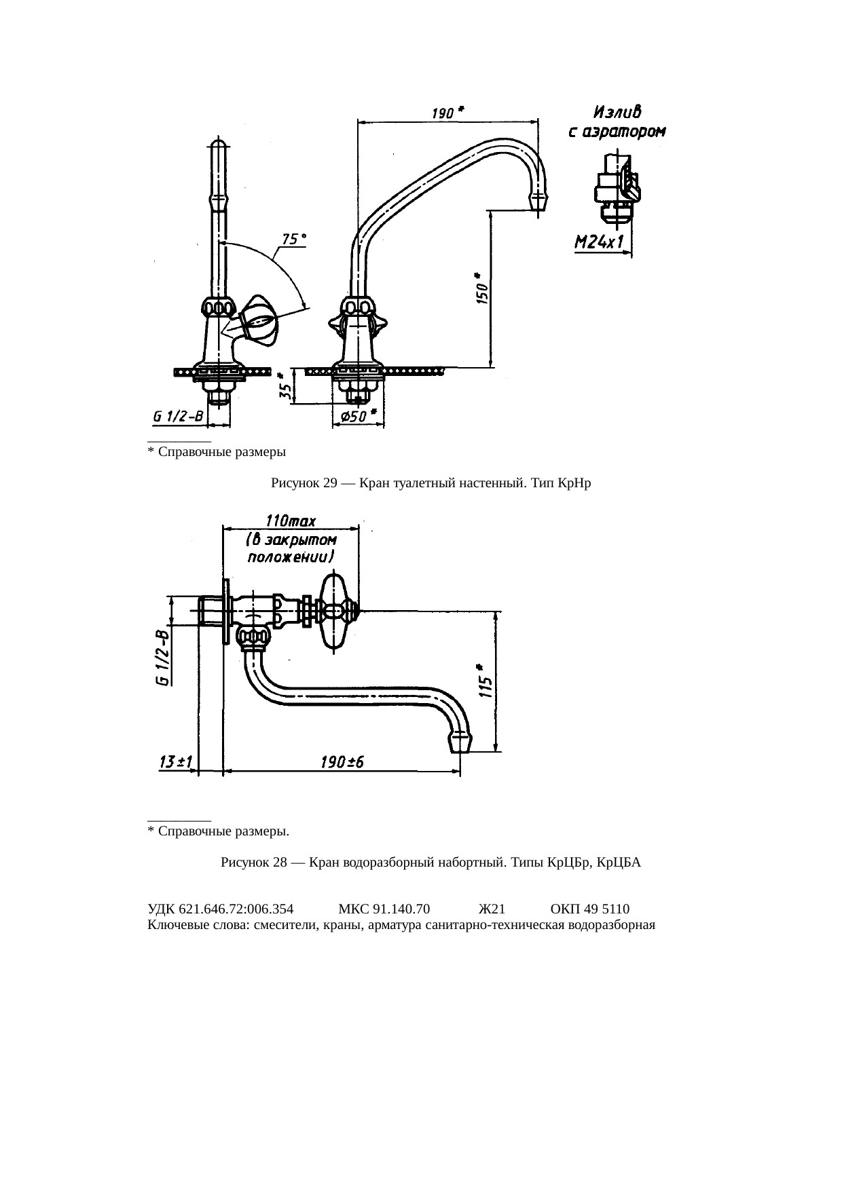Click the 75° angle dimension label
click(x=294, y=240)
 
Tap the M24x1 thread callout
click(x=600, y=242)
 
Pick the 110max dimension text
click(x=291, y=521)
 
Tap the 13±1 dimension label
click(x=174, y=762)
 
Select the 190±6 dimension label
click(x=342, y=762)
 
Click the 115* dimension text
click(x=484, y=680)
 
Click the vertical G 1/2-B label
click(x=162, y=659)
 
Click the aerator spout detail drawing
click(x=616, y=185)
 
